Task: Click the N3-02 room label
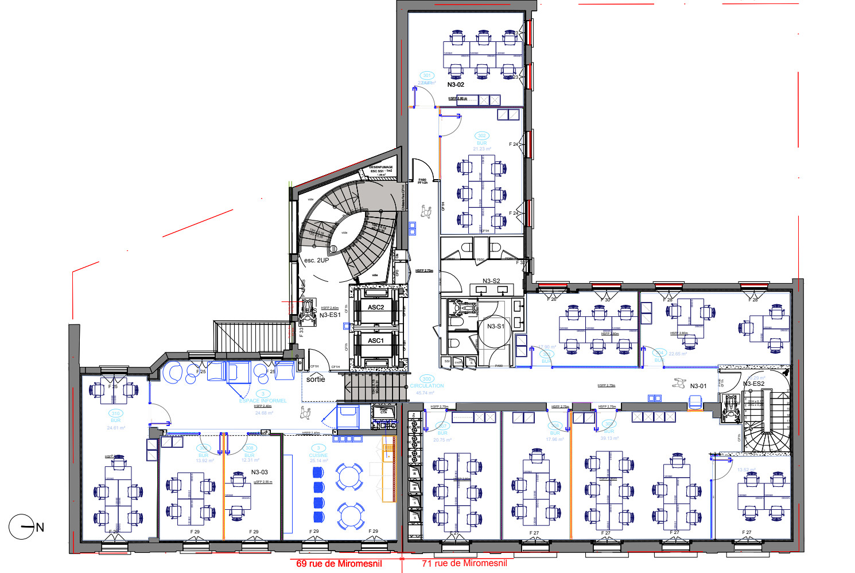pyautogui.click(x=456, y=84)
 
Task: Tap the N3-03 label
pyautogui.click(x=259, y=472)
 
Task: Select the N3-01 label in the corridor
pyautogui.click(x=698, y=386)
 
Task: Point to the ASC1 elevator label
pyautogui.click(x=376, y=340)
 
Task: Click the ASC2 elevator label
pyautogui.click(x=376, y=307)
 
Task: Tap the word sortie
pyautogui.click(x=316, y=379)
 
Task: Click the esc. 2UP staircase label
pyautogui.click(x=316, y=260)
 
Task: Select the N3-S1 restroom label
pyautogui.click(x=496, y=326)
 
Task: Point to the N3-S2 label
pyautogui.click(x=491, y=281)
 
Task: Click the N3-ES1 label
pyautogui.click(x=330, y=315)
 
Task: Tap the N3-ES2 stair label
pyautogui.click(x=754, y=384)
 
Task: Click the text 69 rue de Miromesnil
pyautogui.click(x=339, y=563)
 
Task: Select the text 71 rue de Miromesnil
pyautogui.click(x=465, y=563)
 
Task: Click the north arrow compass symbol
pyautogui.click(x=22, y=526)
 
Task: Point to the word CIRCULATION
pyautogui.click(x=427, y=386)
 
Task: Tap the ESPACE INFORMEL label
pyautogui.click(x=263, y=400)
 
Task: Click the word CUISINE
pyautogui.click(x=318, y=455)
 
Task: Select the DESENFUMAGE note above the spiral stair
pyautogui.click(x=381, y=168)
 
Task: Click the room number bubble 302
pyautogui.click(x=482, y=136)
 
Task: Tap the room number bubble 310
pyautogui.click(x=116, y=413)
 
